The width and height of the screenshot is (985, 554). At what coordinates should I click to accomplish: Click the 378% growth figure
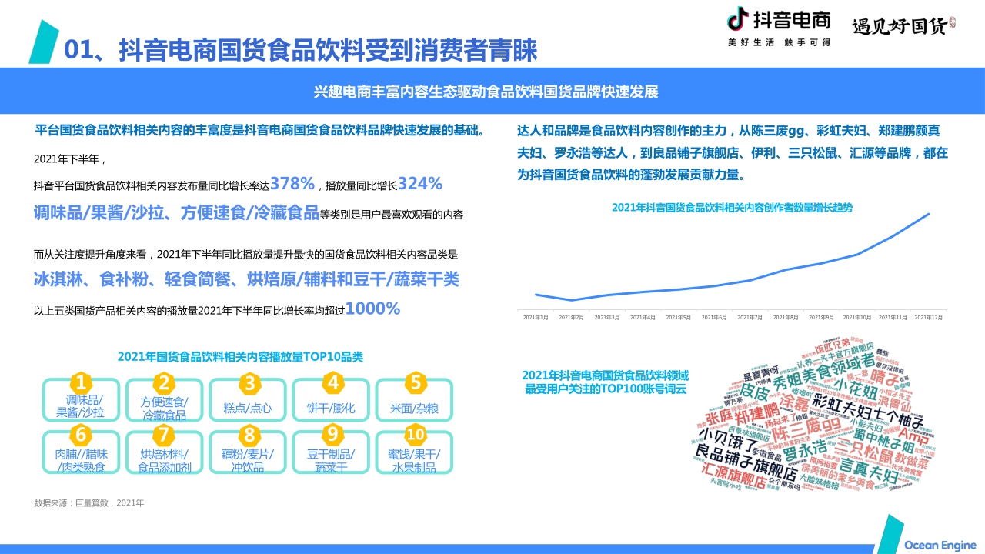292,184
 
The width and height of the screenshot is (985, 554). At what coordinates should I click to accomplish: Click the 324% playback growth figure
420,184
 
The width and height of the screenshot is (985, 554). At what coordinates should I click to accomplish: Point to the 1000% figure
373,309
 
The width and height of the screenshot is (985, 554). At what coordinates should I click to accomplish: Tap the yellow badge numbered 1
82,383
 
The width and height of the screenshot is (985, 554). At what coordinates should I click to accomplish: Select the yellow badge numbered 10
415,434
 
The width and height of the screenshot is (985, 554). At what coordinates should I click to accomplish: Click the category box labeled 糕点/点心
248,408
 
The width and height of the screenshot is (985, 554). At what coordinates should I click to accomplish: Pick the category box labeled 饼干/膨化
331,408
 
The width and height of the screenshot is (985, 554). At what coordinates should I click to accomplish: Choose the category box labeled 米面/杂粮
414,408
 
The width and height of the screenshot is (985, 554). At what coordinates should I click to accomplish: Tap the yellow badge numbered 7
163,434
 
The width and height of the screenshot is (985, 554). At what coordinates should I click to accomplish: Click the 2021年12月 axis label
928,317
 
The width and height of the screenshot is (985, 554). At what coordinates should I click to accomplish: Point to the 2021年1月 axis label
536,317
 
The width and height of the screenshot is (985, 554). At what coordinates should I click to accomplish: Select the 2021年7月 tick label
750,317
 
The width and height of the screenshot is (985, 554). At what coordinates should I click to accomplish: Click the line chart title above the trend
732,207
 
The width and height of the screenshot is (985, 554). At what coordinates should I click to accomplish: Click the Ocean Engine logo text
939,545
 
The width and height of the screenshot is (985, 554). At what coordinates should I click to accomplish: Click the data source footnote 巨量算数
89,503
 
